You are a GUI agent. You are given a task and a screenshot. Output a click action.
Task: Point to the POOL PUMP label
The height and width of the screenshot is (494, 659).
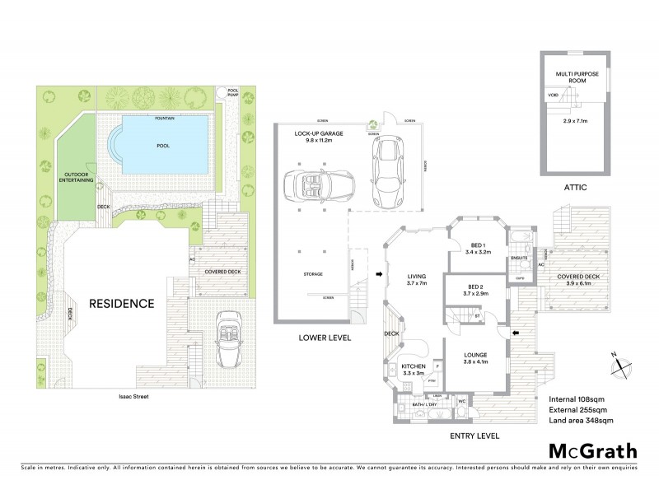(x=234, y=92)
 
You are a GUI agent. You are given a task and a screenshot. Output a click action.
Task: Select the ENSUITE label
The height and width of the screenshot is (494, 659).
(x=519, y=259)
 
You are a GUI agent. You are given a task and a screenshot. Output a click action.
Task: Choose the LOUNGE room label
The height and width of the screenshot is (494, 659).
(x=475, y=356)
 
